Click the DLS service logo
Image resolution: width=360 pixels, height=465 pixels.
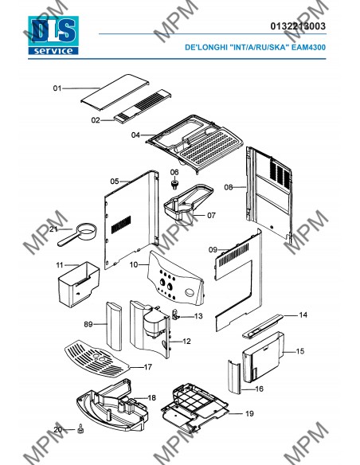53,36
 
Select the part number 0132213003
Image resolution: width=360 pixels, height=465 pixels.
298,26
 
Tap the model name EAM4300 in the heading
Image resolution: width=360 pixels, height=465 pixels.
308,47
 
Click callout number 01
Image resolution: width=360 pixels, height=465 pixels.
57,88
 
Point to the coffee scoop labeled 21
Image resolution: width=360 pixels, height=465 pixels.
77,234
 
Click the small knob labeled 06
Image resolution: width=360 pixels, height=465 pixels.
175,184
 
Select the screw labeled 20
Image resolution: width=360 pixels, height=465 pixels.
80,428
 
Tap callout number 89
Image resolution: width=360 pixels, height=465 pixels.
88,324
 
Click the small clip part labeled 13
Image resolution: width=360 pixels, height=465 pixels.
175,315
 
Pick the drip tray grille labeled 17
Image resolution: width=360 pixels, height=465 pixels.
97,359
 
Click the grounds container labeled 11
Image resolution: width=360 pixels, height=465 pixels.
79,284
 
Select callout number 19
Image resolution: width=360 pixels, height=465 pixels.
249,413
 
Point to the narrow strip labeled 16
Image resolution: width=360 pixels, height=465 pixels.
234,377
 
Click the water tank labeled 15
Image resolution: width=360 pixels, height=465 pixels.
264,357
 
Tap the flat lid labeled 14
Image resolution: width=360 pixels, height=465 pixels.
263,326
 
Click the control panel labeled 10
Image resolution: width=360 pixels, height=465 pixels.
175,279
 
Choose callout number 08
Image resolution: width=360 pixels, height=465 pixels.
229,187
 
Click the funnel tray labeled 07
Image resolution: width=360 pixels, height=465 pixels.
188,204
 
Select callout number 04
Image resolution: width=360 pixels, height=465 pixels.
135,135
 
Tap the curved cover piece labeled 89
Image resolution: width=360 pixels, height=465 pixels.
114,326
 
